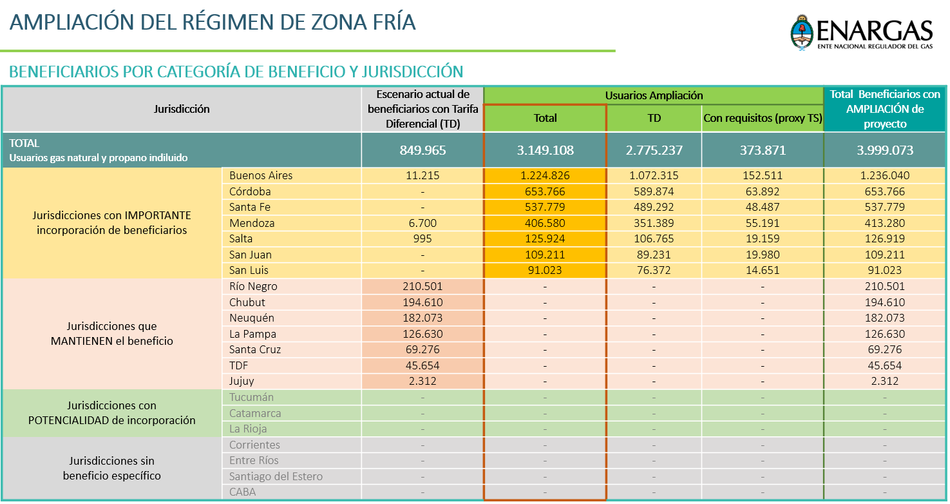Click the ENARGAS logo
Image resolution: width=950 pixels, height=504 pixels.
pyautogui.click(x=862, y=33)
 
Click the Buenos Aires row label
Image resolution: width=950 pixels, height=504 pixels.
pyautogui.click(x=261, y=175)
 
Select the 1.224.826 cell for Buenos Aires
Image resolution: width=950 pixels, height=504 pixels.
pyautogui.click(x=545, y=175)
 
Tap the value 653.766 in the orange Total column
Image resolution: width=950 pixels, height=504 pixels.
pyautogui.click(x=545, y=191)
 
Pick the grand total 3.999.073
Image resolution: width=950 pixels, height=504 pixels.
pyautogui.click(x=885, y=150)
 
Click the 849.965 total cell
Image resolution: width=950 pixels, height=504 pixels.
pyautogui.click(x=423, y=150)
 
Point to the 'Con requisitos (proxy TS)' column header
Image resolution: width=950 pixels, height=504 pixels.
pyautogui.click(x=763, y=118)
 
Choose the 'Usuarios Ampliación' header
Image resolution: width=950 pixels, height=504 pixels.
pyautogui.click(x=654, y=95)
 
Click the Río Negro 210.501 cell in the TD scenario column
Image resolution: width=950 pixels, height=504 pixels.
pyautogui.click(x=423, y=286)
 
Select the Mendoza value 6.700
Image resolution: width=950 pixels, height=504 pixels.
pyautogui.click(x=423, y=223)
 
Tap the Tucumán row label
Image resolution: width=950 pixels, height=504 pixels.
pyautogui.click(x=251, y=397)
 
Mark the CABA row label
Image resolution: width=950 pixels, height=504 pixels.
pyautogui.click(x=242, y=492)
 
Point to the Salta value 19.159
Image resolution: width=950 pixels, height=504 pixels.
pyautogui.click(x=763, y=238)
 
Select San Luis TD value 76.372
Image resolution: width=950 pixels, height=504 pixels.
pyautogui.click(x=654, y=270)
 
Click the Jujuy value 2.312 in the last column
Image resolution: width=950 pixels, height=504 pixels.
pyautogui.click(x=885, y=381)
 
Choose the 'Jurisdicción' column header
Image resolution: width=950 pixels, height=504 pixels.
pyautogui.click(x=182, y=109)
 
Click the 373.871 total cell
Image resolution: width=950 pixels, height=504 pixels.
pyautogui.click(x=763, y=150)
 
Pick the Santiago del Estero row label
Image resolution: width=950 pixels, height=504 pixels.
pyautogui.click(x=276, y=476)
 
